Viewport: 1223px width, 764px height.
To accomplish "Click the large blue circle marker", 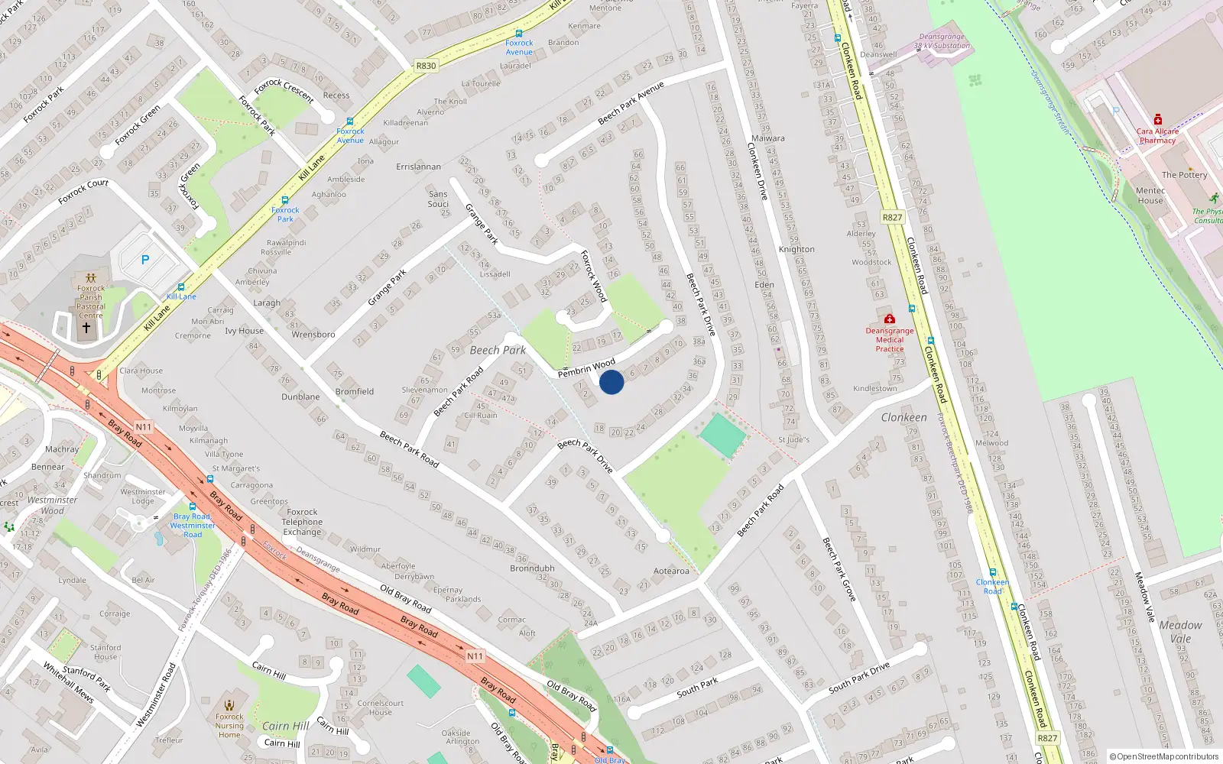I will [611, 382].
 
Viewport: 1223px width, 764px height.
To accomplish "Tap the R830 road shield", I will [426, 66].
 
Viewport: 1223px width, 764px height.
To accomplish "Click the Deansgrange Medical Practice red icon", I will [889, 319].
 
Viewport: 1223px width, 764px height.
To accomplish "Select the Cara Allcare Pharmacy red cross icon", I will [1158, 119].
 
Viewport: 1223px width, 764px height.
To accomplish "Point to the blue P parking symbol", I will [145, 260].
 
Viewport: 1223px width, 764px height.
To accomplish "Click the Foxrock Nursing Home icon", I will [229, 704].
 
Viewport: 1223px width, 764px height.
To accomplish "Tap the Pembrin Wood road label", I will [586, 368].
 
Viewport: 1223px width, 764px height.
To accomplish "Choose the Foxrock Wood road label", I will [594, 276].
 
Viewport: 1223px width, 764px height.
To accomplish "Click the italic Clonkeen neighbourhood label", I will [903, 418].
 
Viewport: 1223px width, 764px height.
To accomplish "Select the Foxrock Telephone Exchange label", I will [302, 522].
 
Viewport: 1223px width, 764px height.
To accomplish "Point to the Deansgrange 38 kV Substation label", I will [942, 41].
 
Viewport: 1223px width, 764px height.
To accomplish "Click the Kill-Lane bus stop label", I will [181, 296].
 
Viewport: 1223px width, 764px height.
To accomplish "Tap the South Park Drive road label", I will [860, 678].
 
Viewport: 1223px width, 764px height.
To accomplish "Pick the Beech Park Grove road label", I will [839, 568].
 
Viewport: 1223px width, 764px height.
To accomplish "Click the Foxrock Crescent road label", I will [284, 91].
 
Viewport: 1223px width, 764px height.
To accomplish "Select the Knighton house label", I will [796, 249].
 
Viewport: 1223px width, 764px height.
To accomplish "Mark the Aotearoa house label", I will [671, 571].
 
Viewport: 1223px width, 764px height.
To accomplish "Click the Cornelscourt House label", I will [380, 707].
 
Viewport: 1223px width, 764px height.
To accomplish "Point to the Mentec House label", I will [1150, 196].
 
